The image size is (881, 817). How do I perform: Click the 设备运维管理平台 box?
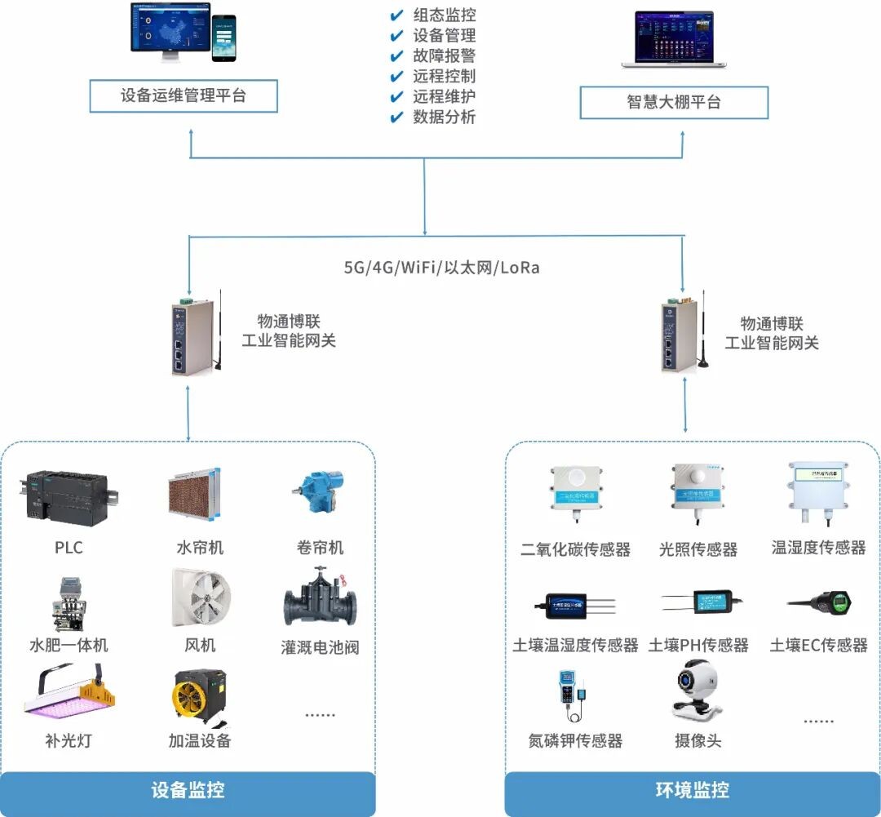click(184, 95)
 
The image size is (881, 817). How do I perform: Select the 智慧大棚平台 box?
click(674, 103)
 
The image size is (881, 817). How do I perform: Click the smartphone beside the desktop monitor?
click(224, 38)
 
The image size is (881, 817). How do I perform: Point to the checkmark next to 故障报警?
click(396, 56)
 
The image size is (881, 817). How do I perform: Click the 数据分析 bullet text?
click(444, 117)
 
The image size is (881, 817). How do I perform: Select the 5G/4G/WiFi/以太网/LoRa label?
click(441, 267)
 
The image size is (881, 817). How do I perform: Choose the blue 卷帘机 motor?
click(318, 493)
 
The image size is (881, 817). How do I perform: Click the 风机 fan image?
click(201, 598)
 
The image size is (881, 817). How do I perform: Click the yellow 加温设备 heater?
click(199, 695)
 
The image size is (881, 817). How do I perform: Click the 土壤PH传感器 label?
click(698, 645)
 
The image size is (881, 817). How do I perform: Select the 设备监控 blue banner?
click(188, 790)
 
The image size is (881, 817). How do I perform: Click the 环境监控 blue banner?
click(693, 790)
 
